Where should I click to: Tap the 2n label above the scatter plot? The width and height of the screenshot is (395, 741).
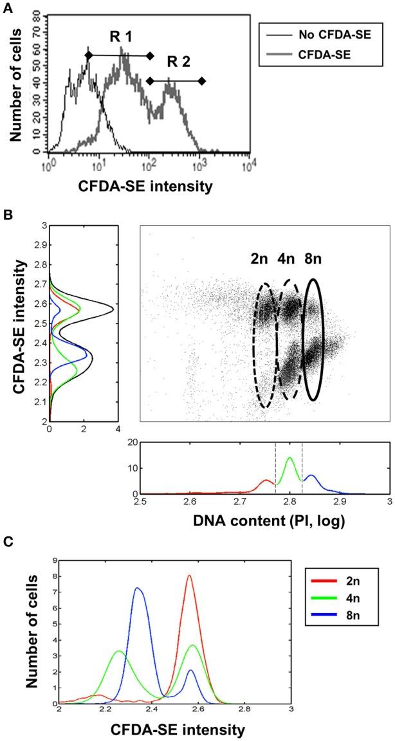(x=261, y=264)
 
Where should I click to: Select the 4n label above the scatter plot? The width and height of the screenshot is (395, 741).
(x=290, y=264)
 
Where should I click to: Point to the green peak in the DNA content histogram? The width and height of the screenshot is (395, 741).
(x=289, y=458)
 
